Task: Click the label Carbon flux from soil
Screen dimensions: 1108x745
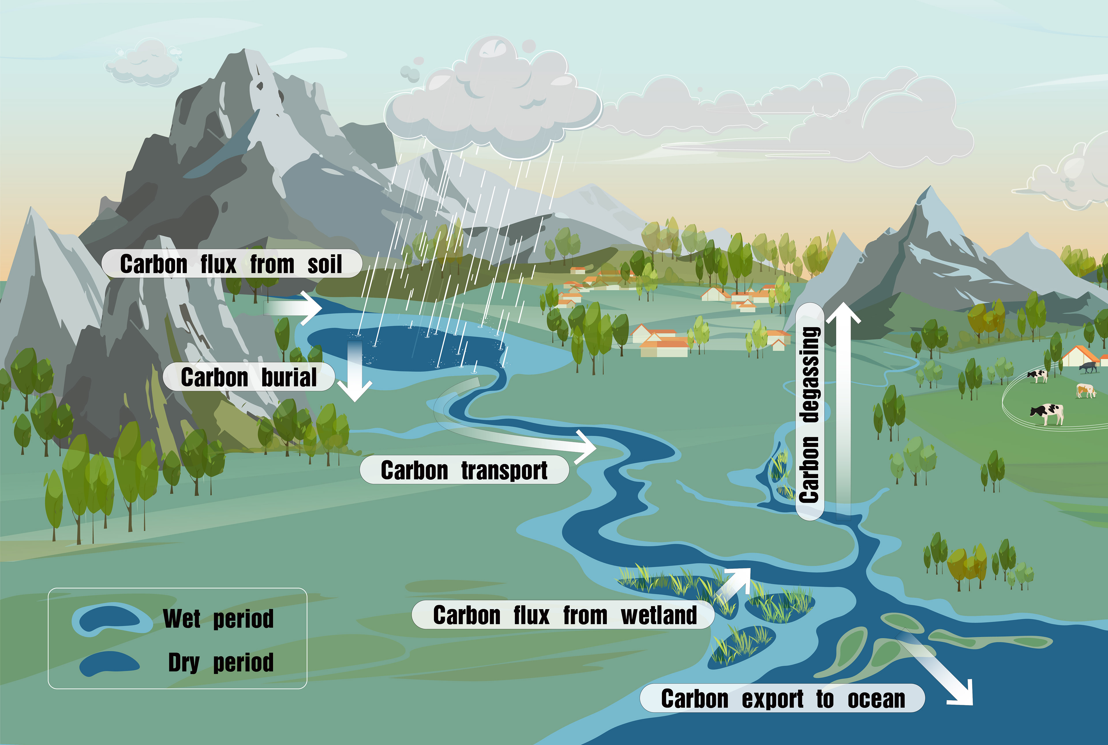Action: [x=231, y=264]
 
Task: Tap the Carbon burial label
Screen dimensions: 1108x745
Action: [x=249, y=377]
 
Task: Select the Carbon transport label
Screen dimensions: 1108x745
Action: [x=464, y=470]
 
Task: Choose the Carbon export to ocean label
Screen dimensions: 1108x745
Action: [x=783, y=699]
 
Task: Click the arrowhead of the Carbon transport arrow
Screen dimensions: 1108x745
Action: [x=586, y=446]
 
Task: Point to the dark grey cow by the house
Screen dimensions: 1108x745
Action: [x=1088, y=366]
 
